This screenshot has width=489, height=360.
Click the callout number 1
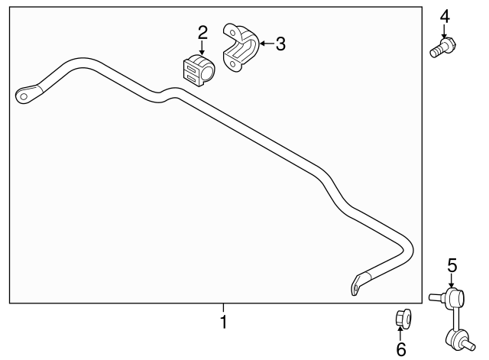pos(224,323)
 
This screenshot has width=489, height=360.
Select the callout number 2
pos(202,32)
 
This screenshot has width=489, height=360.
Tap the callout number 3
pos(280,44)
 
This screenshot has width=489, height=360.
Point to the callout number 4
pos(445,15)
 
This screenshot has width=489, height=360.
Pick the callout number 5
pos(452,264)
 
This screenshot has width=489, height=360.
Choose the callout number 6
pos(401,349)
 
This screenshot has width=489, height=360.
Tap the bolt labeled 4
pos(442,47)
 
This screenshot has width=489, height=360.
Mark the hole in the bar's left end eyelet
pos(25,96)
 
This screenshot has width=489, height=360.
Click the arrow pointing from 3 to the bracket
pos(267,44)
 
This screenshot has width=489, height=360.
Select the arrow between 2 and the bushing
pos(202,46)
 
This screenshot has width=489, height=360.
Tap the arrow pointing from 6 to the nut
pos(401,332)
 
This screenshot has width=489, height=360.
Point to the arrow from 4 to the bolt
pos(445,30)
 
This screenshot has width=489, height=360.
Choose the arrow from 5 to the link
pos(452,280)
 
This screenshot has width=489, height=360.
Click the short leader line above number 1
pos(224,309)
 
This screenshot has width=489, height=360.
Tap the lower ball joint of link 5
pos(453,337)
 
